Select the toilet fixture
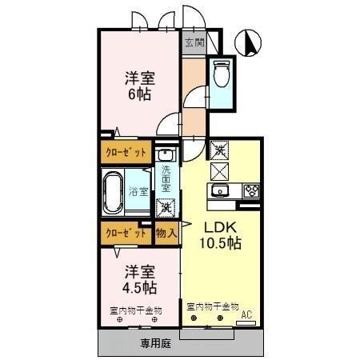222,74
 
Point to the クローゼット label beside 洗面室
124,151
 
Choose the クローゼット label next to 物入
124,233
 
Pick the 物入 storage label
166,233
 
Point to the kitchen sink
220,190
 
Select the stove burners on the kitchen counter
250,190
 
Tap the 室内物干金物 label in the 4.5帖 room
136,309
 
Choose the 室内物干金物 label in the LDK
213,306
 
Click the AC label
249,314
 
